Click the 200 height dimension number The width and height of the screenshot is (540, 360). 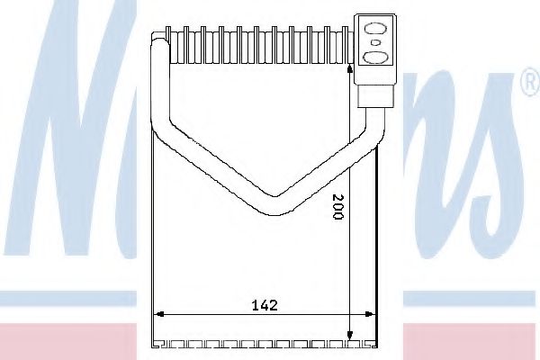[337, 211]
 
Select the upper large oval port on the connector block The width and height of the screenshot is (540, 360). [374, 25]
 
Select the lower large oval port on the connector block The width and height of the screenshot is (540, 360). [374, 58]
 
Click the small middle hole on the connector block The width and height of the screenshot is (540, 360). [374, 41]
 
